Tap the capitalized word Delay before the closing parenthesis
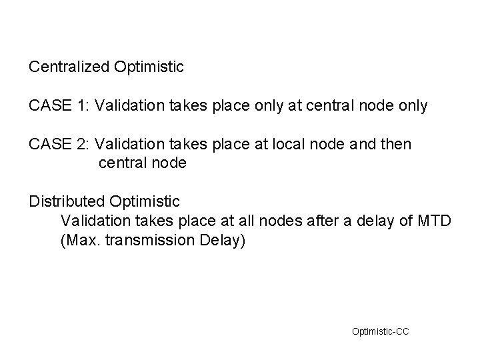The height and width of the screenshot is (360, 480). coord(222,240)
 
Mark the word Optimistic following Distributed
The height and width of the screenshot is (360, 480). coord(145,201)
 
